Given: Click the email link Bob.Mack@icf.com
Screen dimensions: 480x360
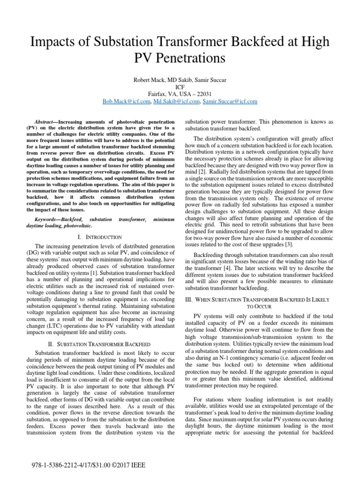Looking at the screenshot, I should pos(124,101).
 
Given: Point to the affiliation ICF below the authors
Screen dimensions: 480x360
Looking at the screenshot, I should pos(180,87).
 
